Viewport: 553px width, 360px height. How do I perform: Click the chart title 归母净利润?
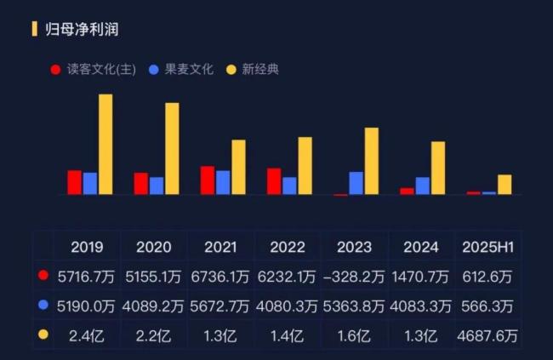pyautogui.click(x=82, y=30)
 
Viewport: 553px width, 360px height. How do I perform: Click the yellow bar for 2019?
pyautogui.click(x=105, y=145)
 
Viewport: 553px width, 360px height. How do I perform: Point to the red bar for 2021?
pyautogui.click(x=208, y=180)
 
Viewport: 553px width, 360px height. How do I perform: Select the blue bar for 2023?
pyautogui.click(x=356, y=183)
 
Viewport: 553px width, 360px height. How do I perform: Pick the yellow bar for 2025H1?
pyautogui.click(x=505, y=185)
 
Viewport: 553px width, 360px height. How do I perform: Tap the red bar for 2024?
pyautogui.click(x=408, y=191)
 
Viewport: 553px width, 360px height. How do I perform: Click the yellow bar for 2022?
pyautogui.click(x=305, y=166)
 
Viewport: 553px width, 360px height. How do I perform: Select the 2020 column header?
pyautogui.click(x=154, y=248)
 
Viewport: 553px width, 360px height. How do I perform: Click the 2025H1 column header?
pyautogui.click(x=487, y=248)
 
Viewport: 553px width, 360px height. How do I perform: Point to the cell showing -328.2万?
pyautogui.click(x=355, y=277)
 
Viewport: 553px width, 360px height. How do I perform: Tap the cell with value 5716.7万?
pyautogui.click(x=88, y=277)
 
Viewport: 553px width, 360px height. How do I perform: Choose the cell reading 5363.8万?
pyautogui.click(x=355, y=306)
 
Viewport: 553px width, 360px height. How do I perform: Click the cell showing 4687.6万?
pyautogui.click(x=487, y=334)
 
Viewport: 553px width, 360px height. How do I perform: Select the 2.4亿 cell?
pyautogui.click(x=88, y=334)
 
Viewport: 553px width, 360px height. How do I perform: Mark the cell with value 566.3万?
pyautogui.click(x=487, y=306)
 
